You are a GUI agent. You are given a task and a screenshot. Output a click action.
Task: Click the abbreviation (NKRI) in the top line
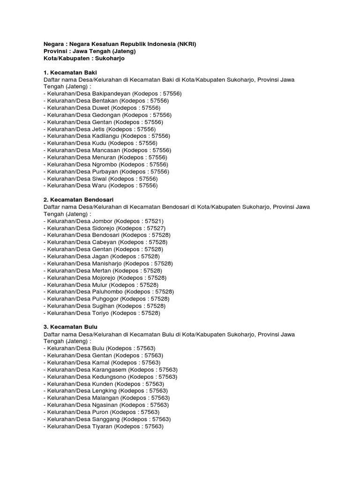pyautogui.click(x=187, y=44)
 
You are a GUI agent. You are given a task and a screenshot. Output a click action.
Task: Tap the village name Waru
pyautogui.click(x=99, y=186)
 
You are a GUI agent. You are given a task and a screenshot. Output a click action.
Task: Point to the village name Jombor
pyautogui.click(x=103, y=221)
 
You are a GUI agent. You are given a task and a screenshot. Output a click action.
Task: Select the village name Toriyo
pyautogui.click(x=102, y=313)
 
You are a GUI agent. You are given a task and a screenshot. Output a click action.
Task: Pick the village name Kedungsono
pyautogui.click(x=111, y=376)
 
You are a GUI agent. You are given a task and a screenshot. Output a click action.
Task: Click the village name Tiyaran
pyautogui.click(x=103, y=426)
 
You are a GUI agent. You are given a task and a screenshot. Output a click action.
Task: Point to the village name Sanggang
pyautogui.click(x=106, y=419)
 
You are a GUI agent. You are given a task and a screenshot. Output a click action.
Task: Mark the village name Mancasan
pyautogui.click(x=107, y=150)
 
